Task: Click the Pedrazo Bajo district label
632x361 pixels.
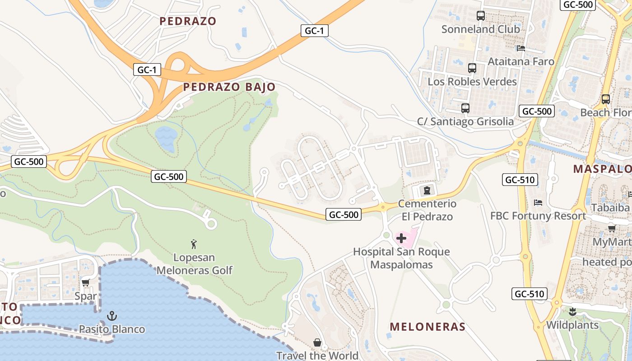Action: pyautogui.click(x=229, y=87)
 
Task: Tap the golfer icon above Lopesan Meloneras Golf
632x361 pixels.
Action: pyautogui.click(x=194, y=244)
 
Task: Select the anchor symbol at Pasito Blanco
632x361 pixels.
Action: pyautogui.click(x=112, y=316)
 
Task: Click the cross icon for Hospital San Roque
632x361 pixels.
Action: pyautogui.click(x=401, y=238)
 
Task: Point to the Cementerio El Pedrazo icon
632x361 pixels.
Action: pyautogui.click(x=425, y=190)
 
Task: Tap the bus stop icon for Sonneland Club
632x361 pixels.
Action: pyautogui.click(x=481, y=16)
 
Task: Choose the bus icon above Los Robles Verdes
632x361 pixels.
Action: pyautogui.click(x=472, y=68)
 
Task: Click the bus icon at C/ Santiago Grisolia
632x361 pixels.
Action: pyautogui.click(x=465, y=108)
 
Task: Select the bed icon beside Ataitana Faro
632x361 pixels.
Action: pyautogui.click(x=521, y=48)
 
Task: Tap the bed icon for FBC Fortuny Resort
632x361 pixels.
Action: pyautogui.click(x=538, y=203)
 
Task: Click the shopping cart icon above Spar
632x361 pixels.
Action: pyautogui.click(x=85, y=283)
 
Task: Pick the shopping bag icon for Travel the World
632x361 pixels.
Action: pyautogui.click(x=317, y=342)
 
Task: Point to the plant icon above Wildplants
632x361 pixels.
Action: pyautogui.click(x=572, y=311)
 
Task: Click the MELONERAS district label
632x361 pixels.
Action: pyautogui.click(x=427, y=327)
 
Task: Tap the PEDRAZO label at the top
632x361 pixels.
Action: pyautogui.click(x=188, y=21)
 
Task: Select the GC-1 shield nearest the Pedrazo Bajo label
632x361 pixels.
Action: pyautogui.click(x=147, y=70)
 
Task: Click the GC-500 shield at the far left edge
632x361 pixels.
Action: pyautogui.click(x=29, y=162)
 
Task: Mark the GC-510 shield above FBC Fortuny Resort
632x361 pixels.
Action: pyautogui.click(x=520, y=180)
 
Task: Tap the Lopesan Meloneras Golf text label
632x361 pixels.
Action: pyautogui.click(x=194, y=264)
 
